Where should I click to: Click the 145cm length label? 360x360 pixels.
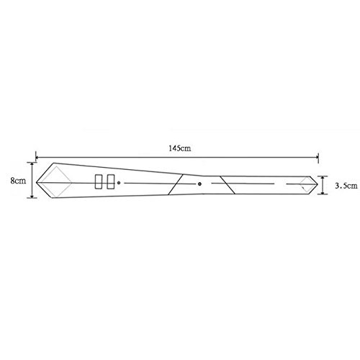(180, 148)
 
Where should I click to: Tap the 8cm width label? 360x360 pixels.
(18, 181)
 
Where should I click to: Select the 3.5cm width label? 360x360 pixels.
(346, 186)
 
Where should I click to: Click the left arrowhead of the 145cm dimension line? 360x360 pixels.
(37, 158)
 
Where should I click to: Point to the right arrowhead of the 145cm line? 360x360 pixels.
(317, 158)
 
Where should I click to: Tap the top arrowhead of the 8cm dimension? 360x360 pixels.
(32, 164)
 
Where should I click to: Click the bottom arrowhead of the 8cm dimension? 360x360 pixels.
(32, 196)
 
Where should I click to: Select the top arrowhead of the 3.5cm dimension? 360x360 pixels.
(323, 178)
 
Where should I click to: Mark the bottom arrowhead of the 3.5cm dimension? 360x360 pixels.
(323, 192)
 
